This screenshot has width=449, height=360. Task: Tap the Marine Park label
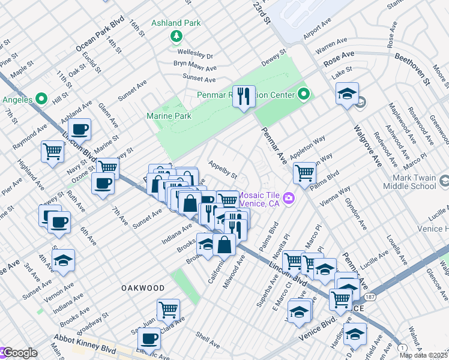169,116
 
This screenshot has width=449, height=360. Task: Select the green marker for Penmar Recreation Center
304,94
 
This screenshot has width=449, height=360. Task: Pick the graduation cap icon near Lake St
347,94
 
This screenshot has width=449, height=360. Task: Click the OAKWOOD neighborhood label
143,288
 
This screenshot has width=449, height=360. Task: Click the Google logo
19,353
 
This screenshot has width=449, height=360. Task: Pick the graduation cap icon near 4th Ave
62,260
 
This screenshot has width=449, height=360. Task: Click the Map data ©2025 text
423,355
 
